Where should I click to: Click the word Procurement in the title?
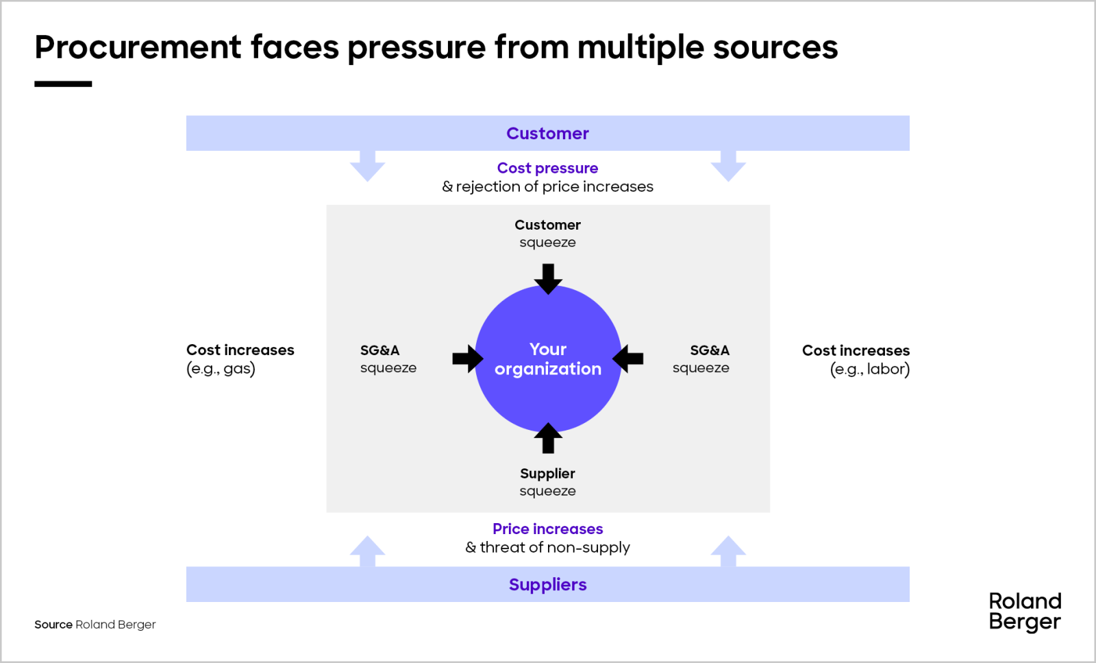[138, 47]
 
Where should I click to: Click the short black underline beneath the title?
[63, 84]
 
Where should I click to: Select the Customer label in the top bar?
[547, 133]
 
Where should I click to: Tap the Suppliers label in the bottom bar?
[547, 584]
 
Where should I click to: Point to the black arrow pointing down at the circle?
[548, 278]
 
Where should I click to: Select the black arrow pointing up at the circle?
[548, 438]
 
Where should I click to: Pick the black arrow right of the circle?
[628, 359]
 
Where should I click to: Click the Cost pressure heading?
[547, 168]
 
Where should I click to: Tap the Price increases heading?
[547, 529]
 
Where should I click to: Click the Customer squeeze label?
[547, 233]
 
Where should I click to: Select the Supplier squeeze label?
[547, 482]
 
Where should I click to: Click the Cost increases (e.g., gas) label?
[240, 359]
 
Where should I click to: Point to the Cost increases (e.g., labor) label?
[856, 359]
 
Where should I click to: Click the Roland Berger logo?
[1025, 611]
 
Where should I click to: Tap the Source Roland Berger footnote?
[95, 625]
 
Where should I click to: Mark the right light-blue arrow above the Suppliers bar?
[728, 551]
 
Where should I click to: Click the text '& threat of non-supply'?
[547, 547]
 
